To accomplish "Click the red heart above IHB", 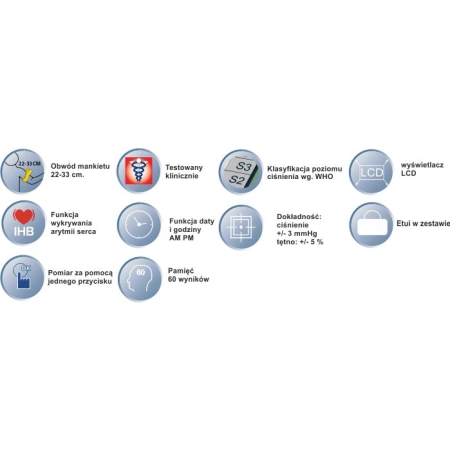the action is click(23, 216).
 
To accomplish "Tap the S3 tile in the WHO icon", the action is click(241, 166).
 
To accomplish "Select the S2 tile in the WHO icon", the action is click(237, 180).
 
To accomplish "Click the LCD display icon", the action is click(371, 172).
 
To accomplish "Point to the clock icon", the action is click(139, 224).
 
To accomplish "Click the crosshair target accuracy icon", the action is click(241, 227).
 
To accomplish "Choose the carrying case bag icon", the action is click(372, 224).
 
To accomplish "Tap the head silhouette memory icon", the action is click(140, 279).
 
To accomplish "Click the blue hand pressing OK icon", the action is click(23, 277).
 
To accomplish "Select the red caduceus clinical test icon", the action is click(138, 171).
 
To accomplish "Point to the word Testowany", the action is click(184, 168).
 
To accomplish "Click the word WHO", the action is click(324, 177).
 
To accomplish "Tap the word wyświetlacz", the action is click(422, 165).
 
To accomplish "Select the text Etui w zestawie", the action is click(423, 224).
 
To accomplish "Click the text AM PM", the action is click(181, 238).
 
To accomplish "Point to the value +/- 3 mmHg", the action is click(297, 233).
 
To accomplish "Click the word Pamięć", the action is click(181, 271).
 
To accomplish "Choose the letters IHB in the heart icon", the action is click(24, 231).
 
